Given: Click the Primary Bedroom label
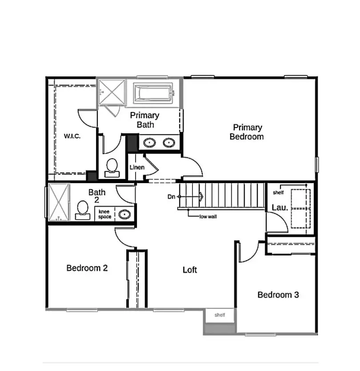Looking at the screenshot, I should pos(246,132).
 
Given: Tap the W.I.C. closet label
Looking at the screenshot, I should pos(72,136).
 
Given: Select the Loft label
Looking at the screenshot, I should pos(190,270).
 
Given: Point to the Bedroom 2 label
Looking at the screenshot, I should pos(87,268).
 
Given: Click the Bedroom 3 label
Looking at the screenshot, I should pos(278,295).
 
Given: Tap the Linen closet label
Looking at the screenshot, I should pos(137,168).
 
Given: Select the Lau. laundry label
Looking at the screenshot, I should pos(280,207).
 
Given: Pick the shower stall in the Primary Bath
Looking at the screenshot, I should pos(112,92).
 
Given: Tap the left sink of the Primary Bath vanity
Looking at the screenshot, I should pos(150,143).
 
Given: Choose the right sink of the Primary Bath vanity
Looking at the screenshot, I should pos(168,143).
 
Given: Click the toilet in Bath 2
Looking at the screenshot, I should pos(83,210).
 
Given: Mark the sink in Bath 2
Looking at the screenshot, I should pos(125,215).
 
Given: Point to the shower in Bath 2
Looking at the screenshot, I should pos(59,202).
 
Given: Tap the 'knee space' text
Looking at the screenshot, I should pos(105,214).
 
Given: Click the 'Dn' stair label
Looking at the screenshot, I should pos(171,196).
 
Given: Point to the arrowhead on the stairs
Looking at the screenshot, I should pos(201,196).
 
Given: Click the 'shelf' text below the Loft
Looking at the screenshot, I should pos(220,315).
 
